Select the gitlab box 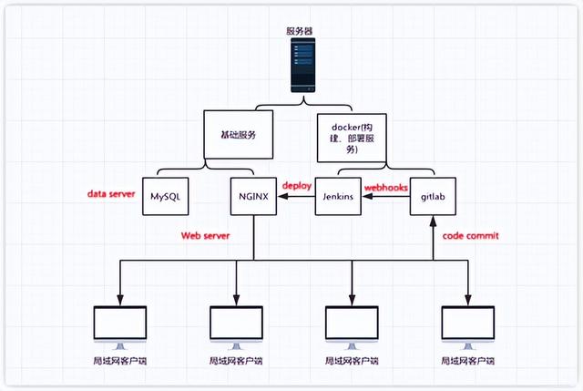point(433,196)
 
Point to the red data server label point(111,194)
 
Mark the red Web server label point(204,235)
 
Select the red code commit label point(471,235)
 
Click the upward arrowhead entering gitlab point(434,221)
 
